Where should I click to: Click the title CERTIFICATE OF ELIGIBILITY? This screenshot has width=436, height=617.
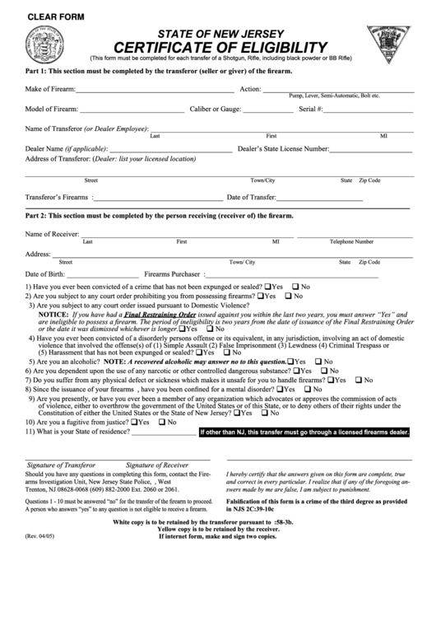tap(220, 47)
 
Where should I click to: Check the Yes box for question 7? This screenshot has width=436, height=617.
tap(331, 380)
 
